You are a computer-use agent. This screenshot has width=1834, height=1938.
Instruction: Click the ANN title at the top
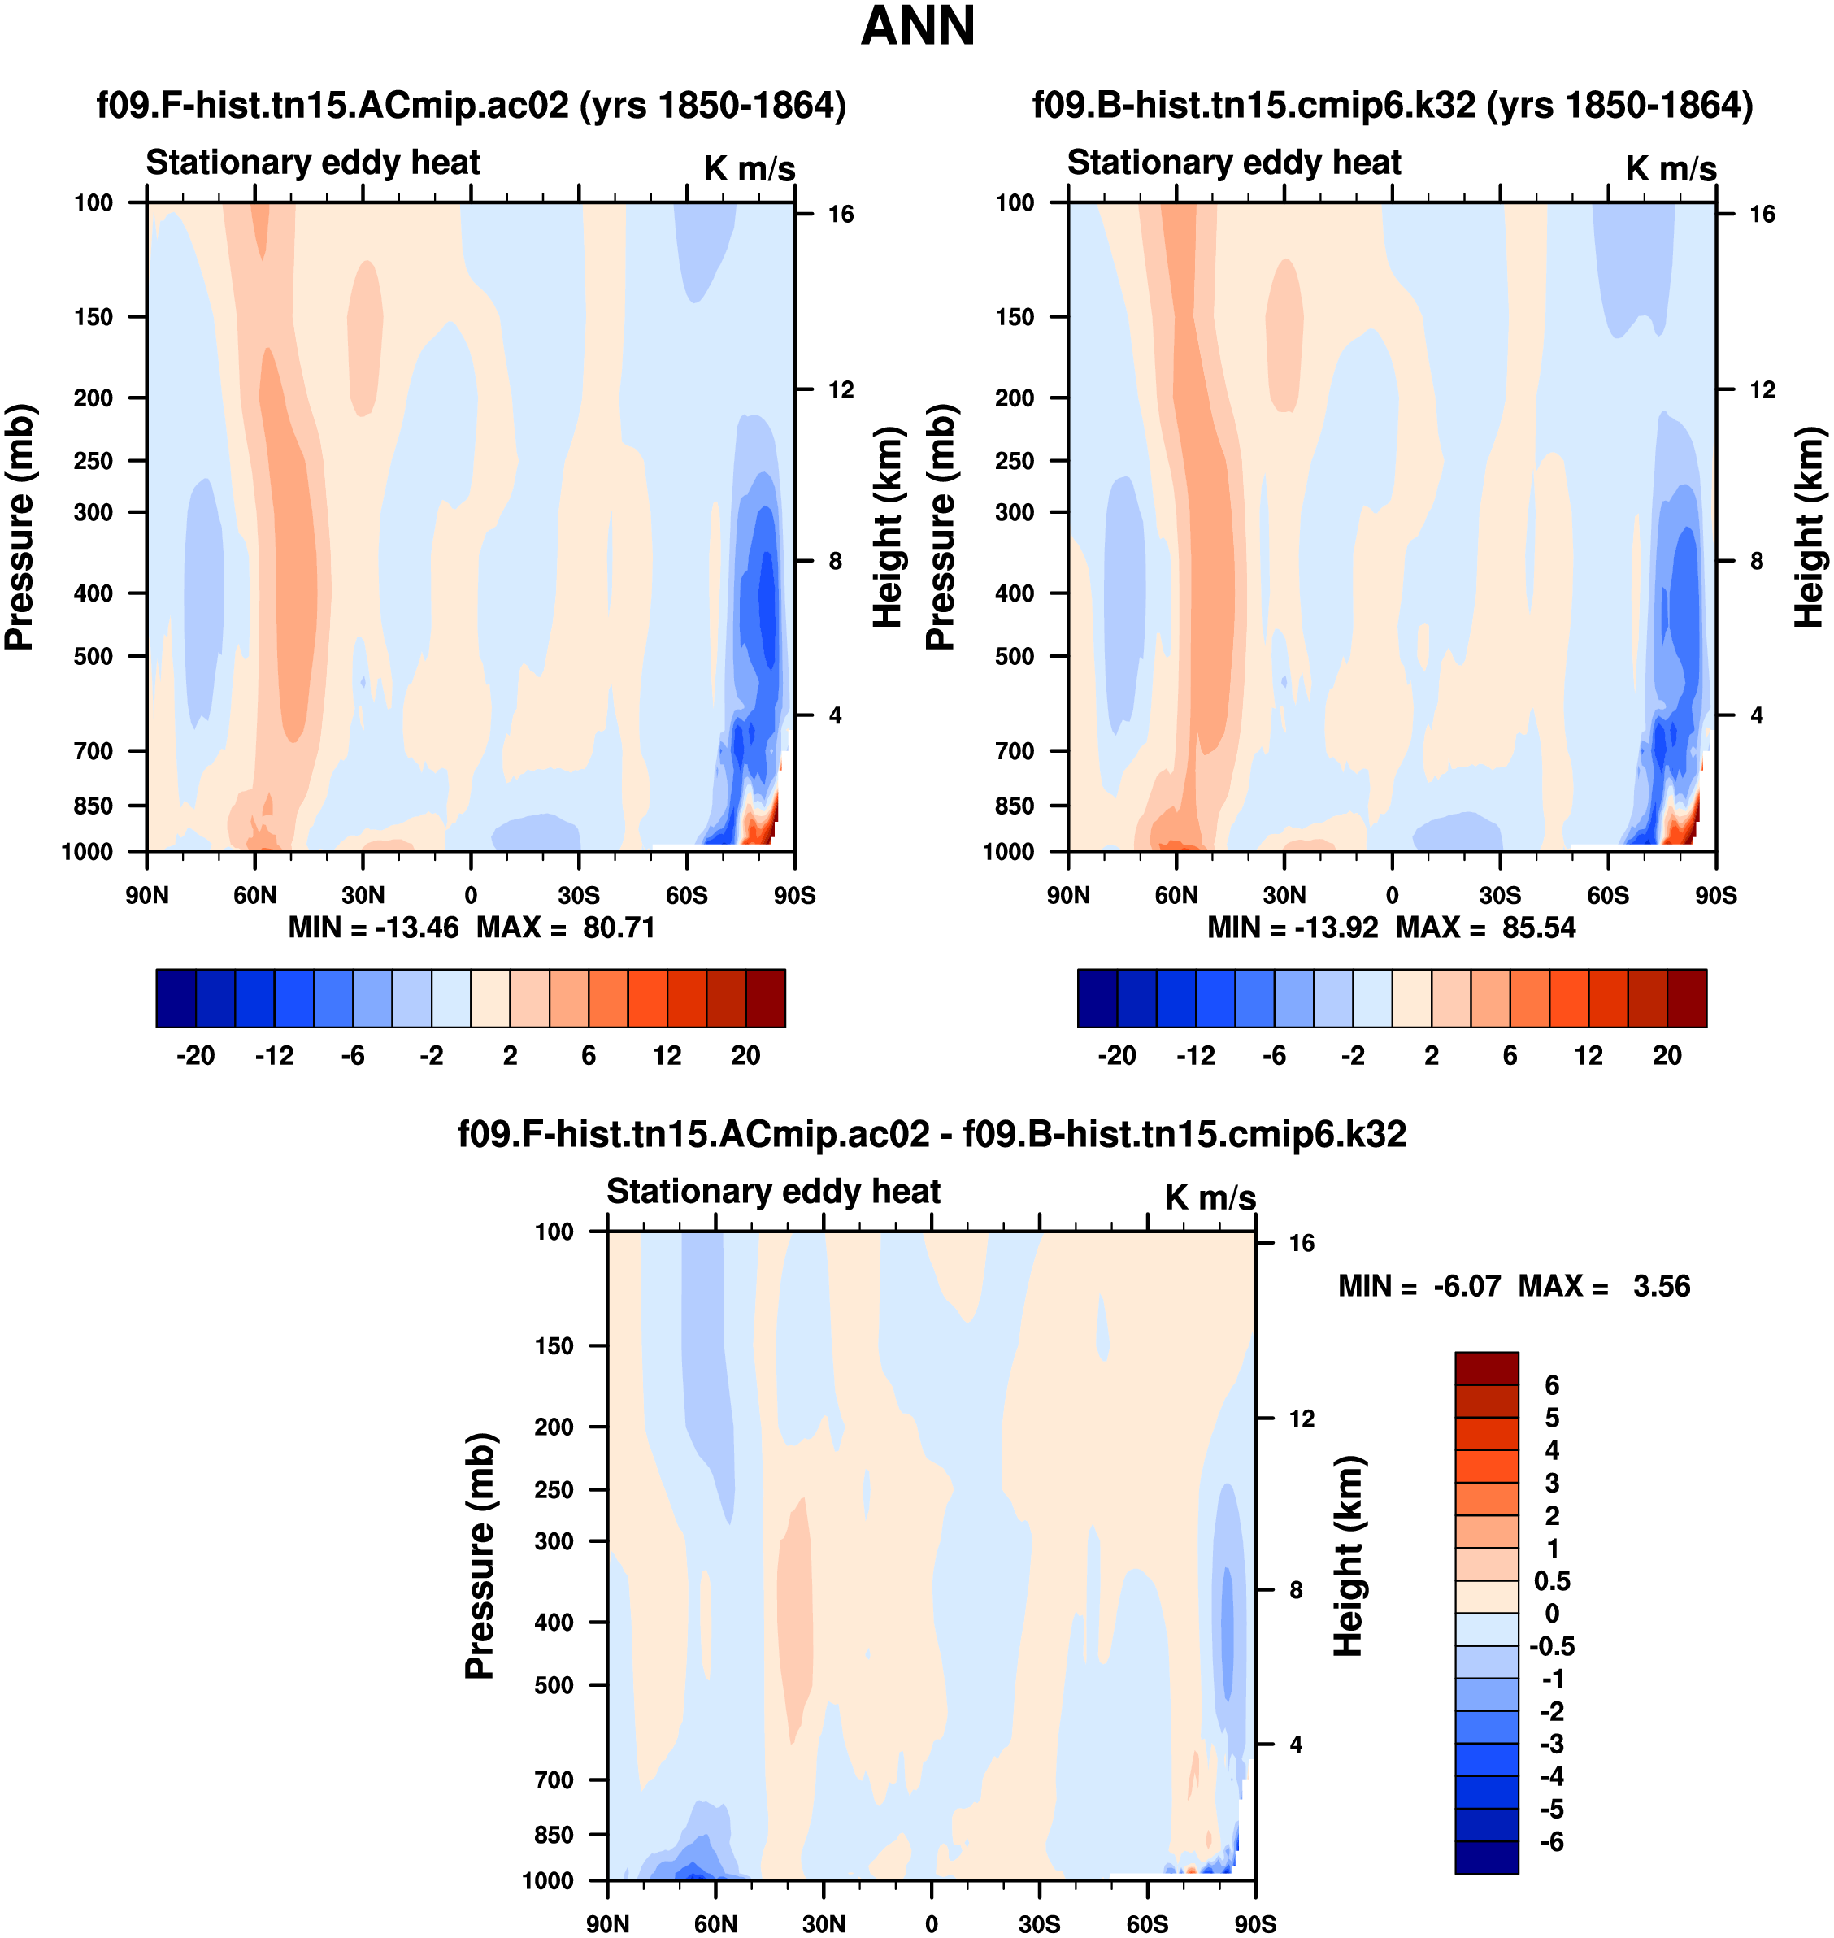pos(917,26)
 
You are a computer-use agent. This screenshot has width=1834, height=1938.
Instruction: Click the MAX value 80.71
pos(618,927)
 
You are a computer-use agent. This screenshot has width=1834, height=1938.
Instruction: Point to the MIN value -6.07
pos(1467,1286)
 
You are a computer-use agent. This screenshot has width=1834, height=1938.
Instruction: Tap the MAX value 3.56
pos(1661,1286)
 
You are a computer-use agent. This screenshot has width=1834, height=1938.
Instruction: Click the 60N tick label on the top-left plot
pos(255,895)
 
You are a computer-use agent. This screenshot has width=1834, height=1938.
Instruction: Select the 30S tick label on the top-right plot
pos(1500,895)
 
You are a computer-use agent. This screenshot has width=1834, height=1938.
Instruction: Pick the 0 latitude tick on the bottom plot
pos(932,1923)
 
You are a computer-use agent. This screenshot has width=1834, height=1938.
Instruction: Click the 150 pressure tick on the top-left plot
pos(93,317)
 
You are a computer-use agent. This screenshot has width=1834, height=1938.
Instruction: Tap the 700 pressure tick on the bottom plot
pos(554,1779)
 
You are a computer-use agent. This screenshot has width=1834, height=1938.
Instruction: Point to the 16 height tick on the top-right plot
pos(1762,214)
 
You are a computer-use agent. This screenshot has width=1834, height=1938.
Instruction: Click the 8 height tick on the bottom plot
pos(1295,1590)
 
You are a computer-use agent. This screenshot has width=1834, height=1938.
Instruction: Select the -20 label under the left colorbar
pos(196,1055)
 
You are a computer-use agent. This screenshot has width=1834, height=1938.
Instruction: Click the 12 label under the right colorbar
pos(1588,1055)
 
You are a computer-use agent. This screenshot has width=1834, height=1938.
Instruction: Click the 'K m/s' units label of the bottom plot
pos(1210,1197)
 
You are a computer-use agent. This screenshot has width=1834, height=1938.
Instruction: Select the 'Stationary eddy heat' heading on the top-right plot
pos(1234,163)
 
